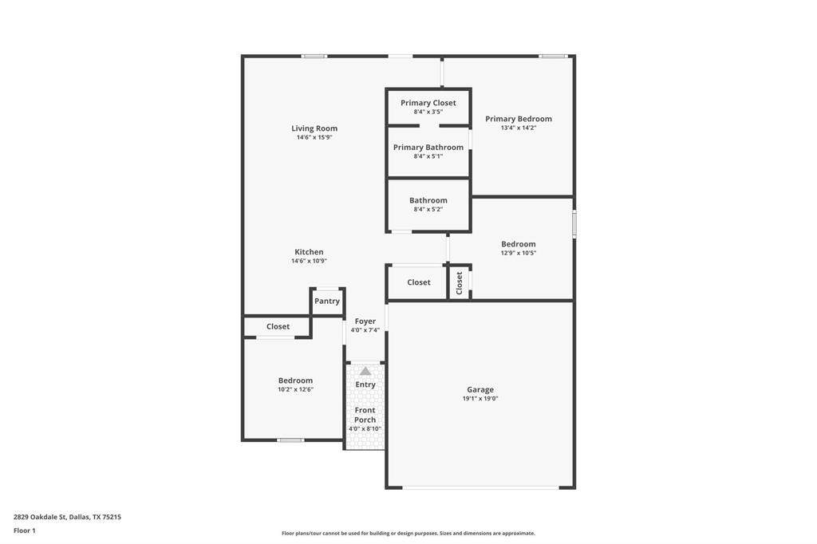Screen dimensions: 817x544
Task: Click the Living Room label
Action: (x=314, y=128)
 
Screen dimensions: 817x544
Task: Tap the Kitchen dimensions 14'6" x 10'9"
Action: (x=309, y=261)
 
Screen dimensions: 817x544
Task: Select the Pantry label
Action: (x=326, y=302)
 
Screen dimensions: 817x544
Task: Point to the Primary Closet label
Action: (x=428, y=103)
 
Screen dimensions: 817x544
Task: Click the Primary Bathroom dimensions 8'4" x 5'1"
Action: (x=428, y=156)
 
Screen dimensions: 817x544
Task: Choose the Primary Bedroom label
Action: (x=519, y=119)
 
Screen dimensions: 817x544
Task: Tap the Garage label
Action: (x=480, y=390)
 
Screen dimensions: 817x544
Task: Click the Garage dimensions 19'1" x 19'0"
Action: (x=480, y=399)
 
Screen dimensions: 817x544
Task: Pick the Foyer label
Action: (x=365, y=321)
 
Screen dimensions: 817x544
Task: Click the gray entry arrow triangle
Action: (x=365, y=371)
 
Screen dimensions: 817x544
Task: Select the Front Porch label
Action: (x=365, y=415)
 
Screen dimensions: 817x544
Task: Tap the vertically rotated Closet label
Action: (x=459, y=283)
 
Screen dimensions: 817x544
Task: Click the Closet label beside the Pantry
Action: (x=278, y=327)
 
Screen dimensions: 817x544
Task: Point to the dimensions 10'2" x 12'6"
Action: (x=295, y=389)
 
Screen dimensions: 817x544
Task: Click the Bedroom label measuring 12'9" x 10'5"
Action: (x=519, y=244)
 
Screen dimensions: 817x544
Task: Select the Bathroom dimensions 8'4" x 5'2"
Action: (x=428, y=210)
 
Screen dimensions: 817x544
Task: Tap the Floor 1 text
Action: (x=25, y=531)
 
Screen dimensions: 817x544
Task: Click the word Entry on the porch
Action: (x=365, y=384)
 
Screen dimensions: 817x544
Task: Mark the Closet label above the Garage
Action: (x=419, y=282)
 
